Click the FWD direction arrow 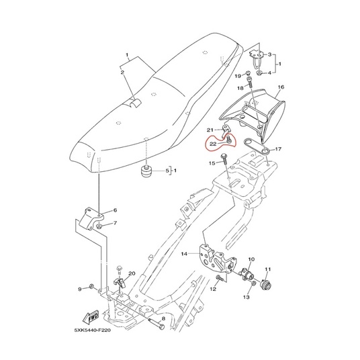(x=91, y=317)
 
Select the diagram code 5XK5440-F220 (x=92, y=330)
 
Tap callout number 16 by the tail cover (x=281, y=87)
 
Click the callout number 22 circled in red (x=213, y=144)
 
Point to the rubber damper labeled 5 (x=146, y=171)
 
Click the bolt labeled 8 (x=156, y=323)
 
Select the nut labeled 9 (x=91, y=286)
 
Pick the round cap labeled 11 (x=265, y=284)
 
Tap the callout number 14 (x=184, y=254)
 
